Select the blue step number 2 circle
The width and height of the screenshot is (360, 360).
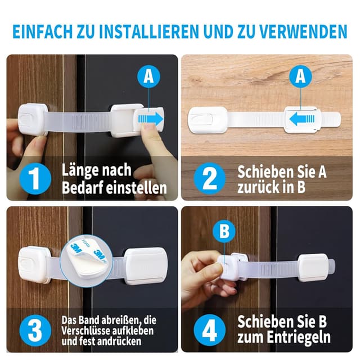[209, 178]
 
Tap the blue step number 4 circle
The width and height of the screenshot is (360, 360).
[209, 330]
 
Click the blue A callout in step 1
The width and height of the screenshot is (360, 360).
[148, 77]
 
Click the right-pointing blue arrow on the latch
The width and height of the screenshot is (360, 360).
[150, 119]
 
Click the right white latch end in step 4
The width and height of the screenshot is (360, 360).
[313, 268]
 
